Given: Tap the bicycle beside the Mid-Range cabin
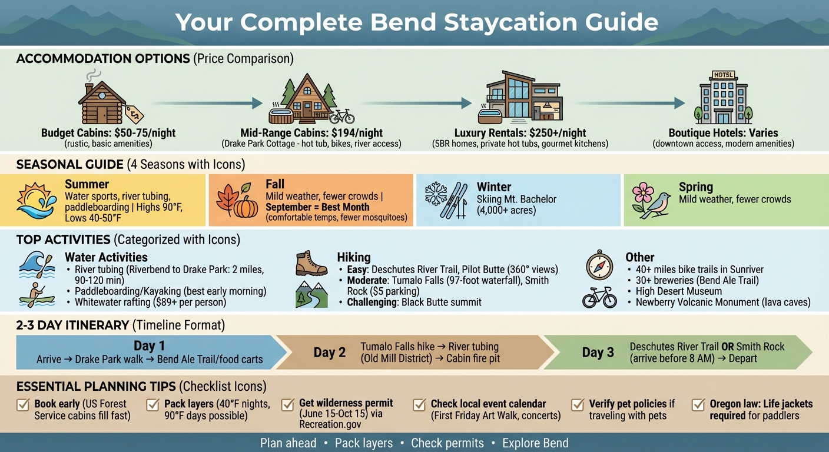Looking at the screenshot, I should [x=341, y=115].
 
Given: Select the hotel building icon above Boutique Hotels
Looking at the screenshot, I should [x=723, y=99].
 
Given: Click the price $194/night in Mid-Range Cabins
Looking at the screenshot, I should [x=355, y=133].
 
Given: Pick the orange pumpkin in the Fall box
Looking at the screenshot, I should [x=246, y=206].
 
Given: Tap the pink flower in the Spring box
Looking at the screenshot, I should [x=643, y=193].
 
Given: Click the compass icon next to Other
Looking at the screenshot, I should [x=599, y=264].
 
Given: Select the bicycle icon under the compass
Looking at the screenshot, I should [x=599, y=298].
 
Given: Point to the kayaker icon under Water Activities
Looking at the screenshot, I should [x=37, y=295].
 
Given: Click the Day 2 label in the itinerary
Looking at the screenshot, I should [x=330, y=353].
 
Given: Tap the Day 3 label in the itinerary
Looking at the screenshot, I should [x=598, y=353].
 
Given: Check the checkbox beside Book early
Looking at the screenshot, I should [x=24, y=405].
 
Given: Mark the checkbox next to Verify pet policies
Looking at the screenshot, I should [x=579, y=405].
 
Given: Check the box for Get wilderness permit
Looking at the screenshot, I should [x=288, y=405].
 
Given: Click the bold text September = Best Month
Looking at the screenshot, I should [x=317, y=207].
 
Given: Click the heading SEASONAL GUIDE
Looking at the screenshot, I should [x=69, y=164].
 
